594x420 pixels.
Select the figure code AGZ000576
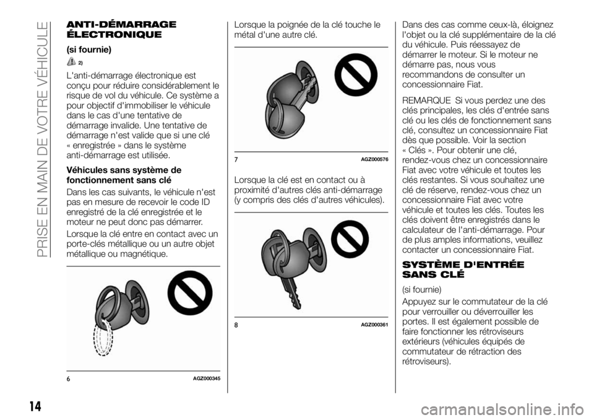coord(375,159)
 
